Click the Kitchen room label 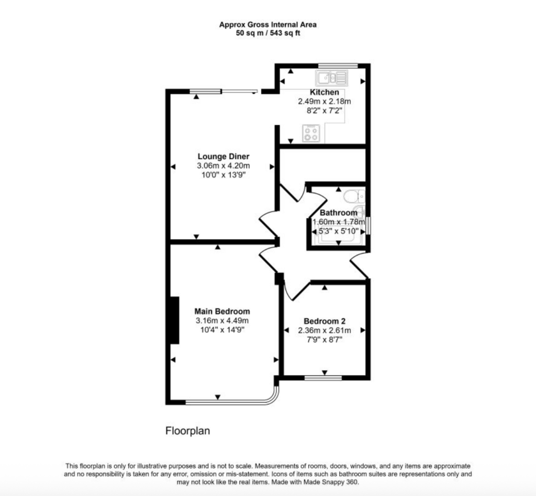(x=324, y=92)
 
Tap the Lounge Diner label (x=224, y=156)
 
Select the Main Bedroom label (x=222, y=311)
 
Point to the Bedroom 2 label (x=325, y=321)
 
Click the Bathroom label (x=339, y=213)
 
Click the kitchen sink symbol (x=331, y=78)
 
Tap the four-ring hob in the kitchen (x=311, y=134)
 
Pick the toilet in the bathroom (x=354, y=197)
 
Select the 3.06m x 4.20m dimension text (x=223, y=166)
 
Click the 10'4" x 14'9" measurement (x=222, y=330)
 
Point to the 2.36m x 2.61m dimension (x=325, y=330)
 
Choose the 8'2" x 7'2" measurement (x=325, y=111)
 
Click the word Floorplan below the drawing (x=188, y=431)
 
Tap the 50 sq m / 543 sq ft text (x=268, y=33)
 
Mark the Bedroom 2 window (x=323, y=378)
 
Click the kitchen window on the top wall (x=338, y=65)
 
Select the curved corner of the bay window (x=275, y=399)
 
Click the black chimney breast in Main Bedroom (x=175, y=320)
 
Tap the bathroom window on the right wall (x=368, y=225)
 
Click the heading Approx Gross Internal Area (x=268, y=25)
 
